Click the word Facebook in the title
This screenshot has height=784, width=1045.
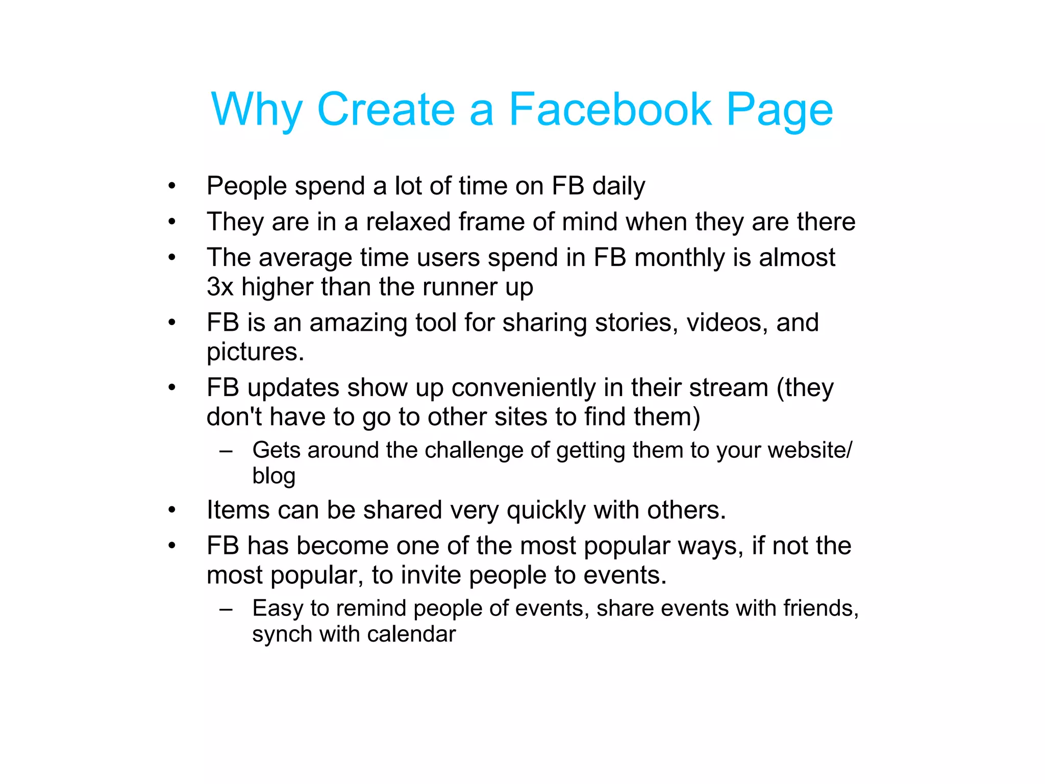(x=610, y=109)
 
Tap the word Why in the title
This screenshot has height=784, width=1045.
(x=257, y=110)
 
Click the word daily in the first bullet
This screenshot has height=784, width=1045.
(x=618, y=186)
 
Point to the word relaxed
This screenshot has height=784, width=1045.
(x=408, y=222)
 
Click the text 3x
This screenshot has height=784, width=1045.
(x=220, y=287)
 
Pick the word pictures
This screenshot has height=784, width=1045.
(x=255, y=352)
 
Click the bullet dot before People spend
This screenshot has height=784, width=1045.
(x=172, y=186)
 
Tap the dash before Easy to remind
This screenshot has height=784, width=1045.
(x=226, y=609)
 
